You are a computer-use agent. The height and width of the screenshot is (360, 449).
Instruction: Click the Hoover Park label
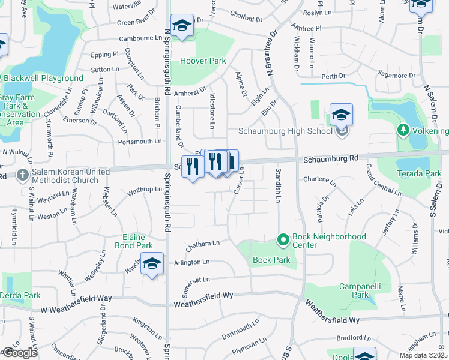point(203,61)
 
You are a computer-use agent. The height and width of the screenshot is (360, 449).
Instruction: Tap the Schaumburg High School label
point(285,131)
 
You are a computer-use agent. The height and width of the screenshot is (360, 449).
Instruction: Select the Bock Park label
point(271,260)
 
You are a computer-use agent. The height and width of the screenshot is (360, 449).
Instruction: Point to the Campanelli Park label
point(352,290)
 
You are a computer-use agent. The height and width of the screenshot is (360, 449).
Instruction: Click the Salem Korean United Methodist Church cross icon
point(22,175)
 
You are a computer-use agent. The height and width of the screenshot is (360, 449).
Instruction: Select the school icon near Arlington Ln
point(152,263)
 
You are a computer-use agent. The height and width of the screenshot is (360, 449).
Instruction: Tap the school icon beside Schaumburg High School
point(341,115)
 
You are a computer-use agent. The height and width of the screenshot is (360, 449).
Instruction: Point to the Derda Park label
point(20,295)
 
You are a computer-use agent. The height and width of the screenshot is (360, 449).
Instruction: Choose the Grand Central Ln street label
point(383,179)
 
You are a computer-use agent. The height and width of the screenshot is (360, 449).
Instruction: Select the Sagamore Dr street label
point(397,76)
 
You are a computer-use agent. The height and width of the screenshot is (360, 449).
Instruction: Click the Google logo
point(19,353)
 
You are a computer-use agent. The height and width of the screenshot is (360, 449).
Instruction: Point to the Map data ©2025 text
point(422,355)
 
